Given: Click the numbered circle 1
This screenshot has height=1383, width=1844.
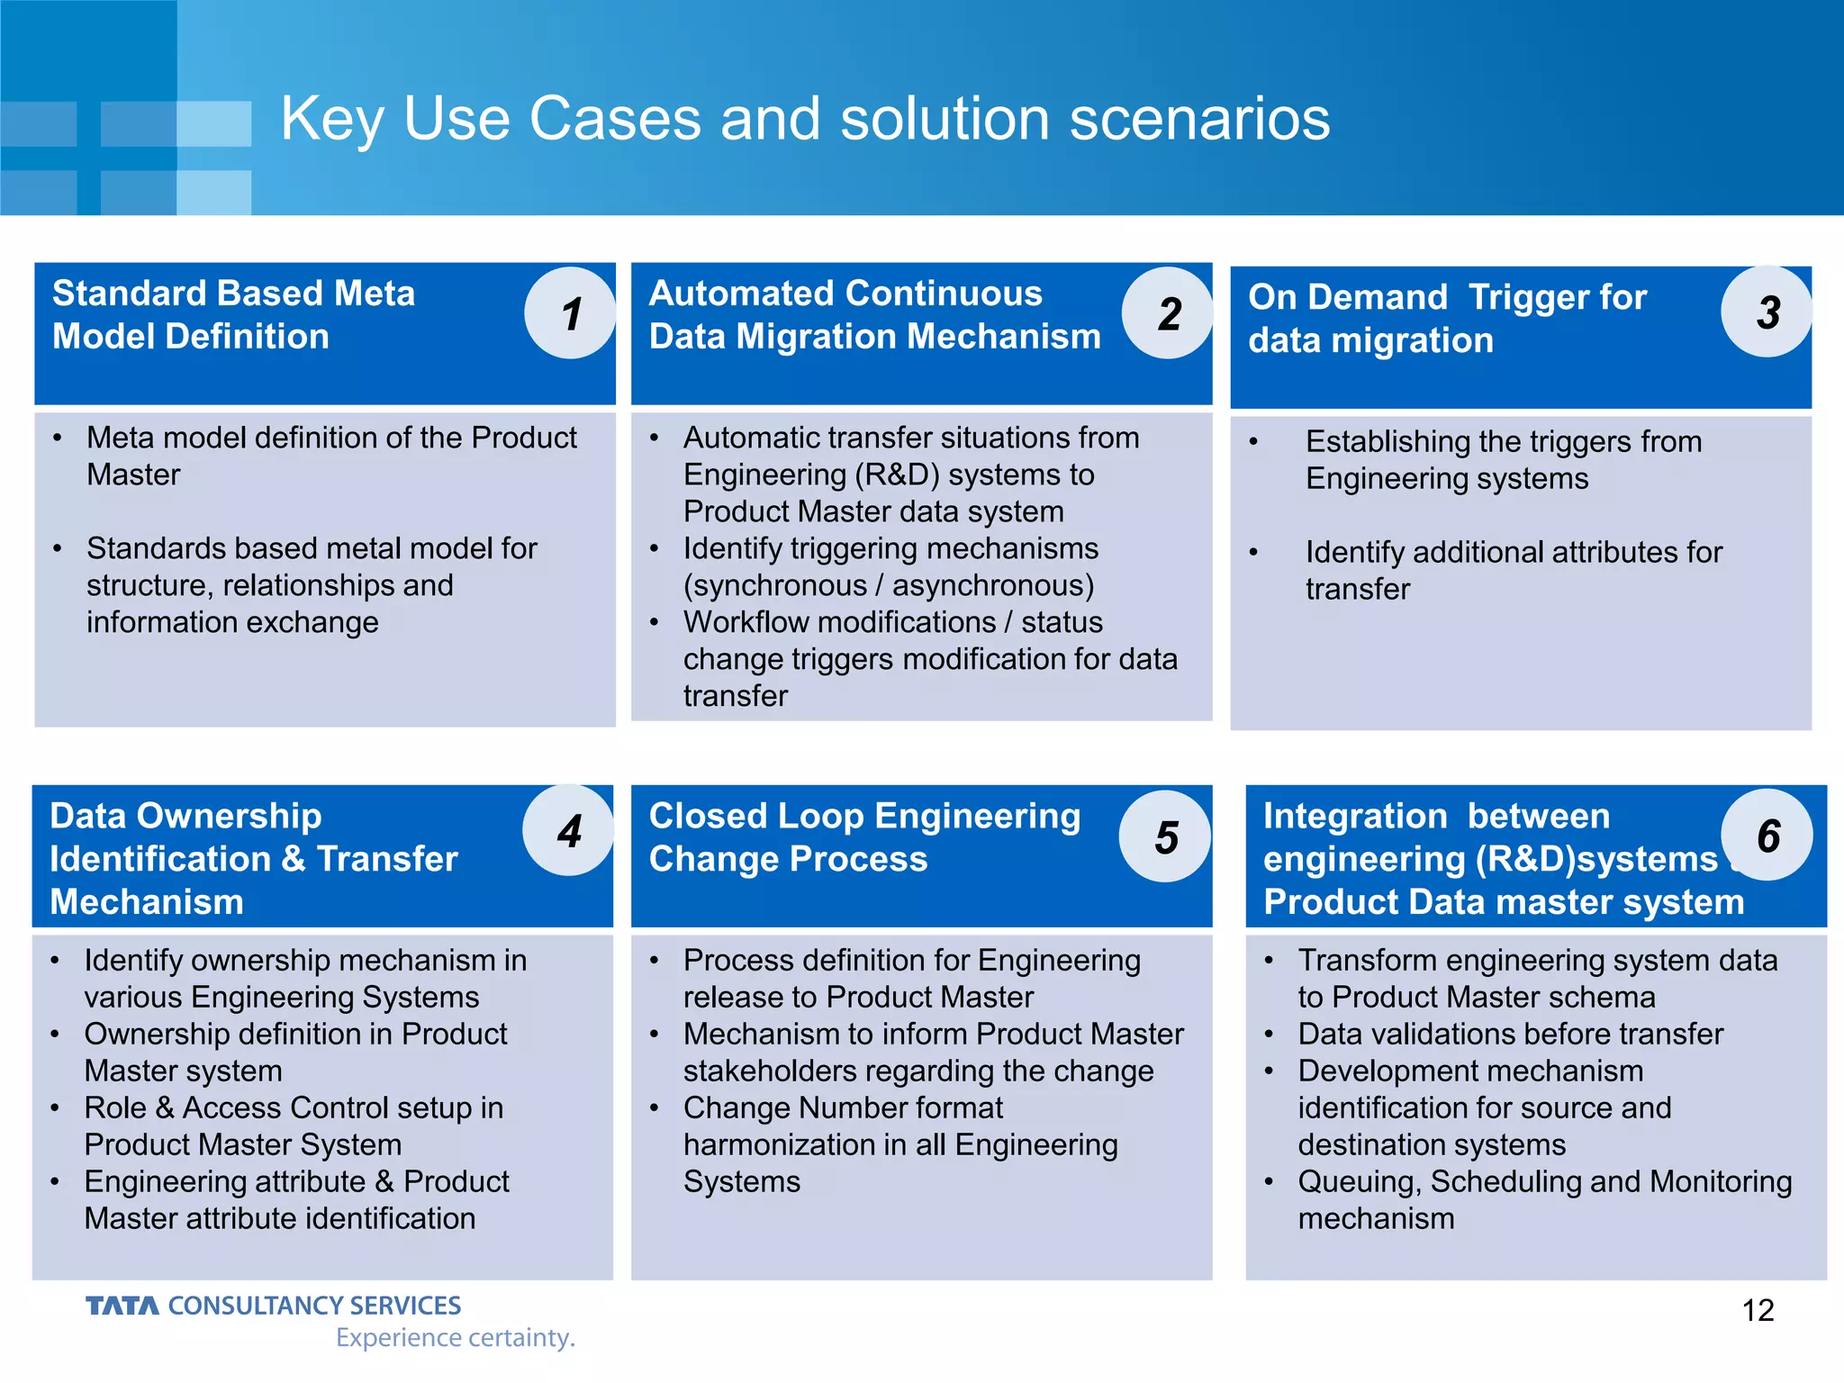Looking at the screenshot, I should point(570,313).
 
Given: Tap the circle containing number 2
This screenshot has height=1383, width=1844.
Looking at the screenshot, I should point(1168,313).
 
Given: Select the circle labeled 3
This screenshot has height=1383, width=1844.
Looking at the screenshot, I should point(1767,312).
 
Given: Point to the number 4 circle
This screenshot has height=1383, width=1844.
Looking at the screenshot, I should point(568,830).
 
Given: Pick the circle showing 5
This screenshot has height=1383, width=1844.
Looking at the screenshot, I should point(1165,836).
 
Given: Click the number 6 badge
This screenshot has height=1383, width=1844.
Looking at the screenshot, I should point(1767,835).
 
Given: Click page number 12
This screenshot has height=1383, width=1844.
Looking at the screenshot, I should point(1758,1310).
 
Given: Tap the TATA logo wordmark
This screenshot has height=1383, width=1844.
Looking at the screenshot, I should point(122,1306).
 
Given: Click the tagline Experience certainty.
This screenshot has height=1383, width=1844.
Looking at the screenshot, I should point(455,1338).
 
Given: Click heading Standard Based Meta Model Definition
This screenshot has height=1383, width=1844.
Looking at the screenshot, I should point(234,315).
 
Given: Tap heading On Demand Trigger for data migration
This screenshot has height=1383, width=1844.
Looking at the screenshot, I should point(1447,319).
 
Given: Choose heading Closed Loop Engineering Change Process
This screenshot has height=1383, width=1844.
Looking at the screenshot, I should point(864,837).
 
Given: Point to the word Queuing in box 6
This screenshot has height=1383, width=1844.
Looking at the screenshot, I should point(1359,1181).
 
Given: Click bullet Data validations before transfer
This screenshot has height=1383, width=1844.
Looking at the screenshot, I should point(1510,1034).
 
